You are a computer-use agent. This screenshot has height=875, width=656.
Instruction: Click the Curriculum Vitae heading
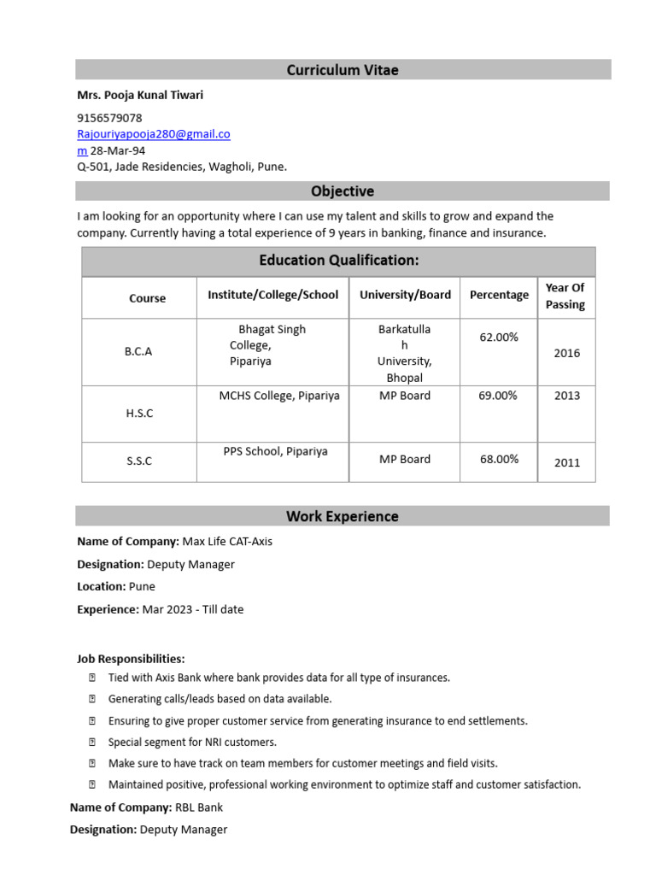[x=343, y=70]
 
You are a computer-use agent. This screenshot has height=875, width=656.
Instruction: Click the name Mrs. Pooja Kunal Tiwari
[x=140, y=96]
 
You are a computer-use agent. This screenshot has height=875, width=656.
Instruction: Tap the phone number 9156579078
[x=109, y=118]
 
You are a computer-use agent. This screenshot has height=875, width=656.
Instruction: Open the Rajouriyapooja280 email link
[x=154, y=134]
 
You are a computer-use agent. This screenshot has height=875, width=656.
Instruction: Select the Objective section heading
[x=343, y=191]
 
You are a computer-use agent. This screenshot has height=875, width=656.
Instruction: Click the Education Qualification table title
[x=338, y=261]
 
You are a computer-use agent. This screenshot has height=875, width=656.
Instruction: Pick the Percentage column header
[x=499, y=295]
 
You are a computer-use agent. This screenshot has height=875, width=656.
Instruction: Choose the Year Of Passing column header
[x=565, y=297]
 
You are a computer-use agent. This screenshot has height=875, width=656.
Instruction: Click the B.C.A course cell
[x=138, y=351]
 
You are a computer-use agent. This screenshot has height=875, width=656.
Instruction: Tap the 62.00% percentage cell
[x=499, y=338]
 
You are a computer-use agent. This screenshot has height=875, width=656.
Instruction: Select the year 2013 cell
[x=566, y=396]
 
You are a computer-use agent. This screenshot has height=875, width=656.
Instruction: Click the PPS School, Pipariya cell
[x=275, y=451]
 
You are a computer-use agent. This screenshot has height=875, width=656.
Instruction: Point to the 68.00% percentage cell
[x=499, y=459]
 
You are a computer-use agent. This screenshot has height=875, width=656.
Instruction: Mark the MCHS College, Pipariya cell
[x=278, y=396]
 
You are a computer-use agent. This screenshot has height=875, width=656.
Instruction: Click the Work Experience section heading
[x=343, y=516]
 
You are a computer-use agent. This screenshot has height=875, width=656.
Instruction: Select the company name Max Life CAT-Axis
[x=227, y=542]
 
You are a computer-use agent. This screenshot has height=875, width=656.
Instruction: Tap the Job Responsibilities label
[x=131, y=659]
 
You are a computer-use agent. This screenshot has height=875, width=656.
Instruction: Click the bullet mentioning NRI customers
[x=192, y=743]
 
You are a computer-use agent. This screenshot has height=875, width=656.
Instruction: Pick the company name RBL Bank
[x=198, y=807]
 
